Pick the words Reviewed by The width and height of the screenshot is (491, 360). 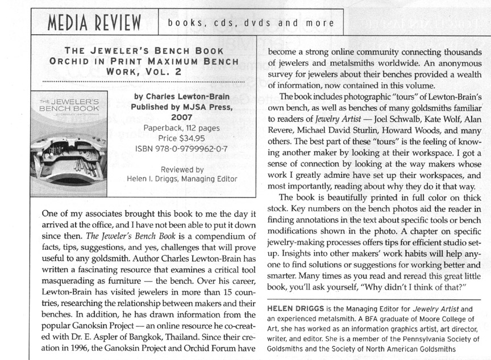click(182, 169)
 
